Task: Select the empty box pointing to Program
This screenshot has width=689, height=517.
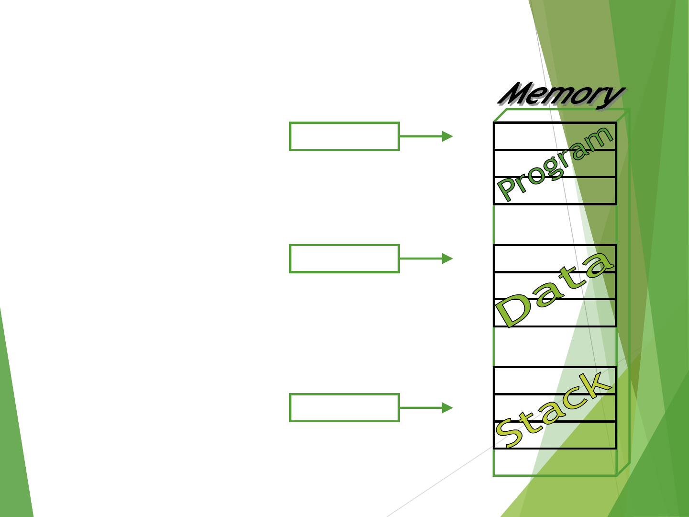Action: click(x=344, y=136)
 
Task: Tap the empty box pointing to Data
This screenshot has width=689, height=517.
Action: click(x=344, y=258)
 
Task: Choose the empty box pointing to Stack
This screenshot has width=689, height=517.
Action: click(x=344, y=408)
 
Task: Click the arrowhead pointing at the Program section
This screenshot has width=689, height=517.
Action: click(x=447, y=136)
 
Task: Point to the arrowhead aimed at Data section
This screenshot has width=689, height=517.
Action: click(x=447, y=258)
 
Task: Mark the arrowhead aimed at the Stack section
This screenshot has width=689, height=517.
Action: click(x=447, y=408)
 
